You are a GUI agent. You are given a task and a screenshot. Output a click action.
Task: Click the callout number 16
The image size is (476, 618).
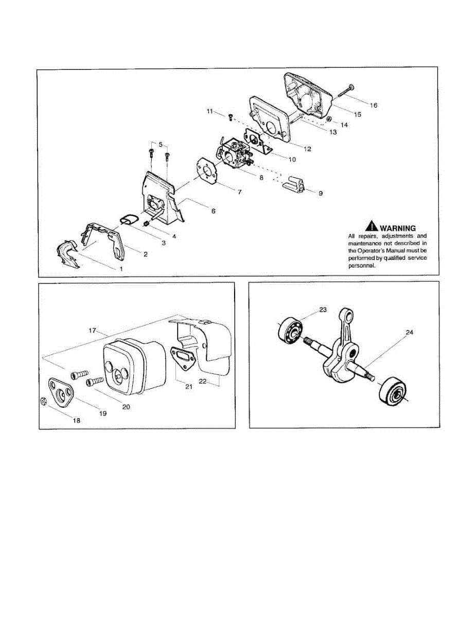[373, 105]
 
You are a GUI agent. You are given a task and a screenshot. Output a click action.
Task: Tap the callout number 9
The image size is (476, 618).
[320, 194]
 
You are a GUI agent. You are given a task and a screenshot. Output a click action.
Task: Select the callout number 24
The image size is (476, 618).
[409, 333]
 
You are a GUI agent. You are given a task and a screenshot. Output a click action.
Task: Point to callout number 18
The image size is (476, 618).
[76, 420]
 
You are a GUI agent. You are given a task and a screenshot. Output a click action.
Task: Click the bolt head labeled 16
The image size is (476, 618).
[350, 87]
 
